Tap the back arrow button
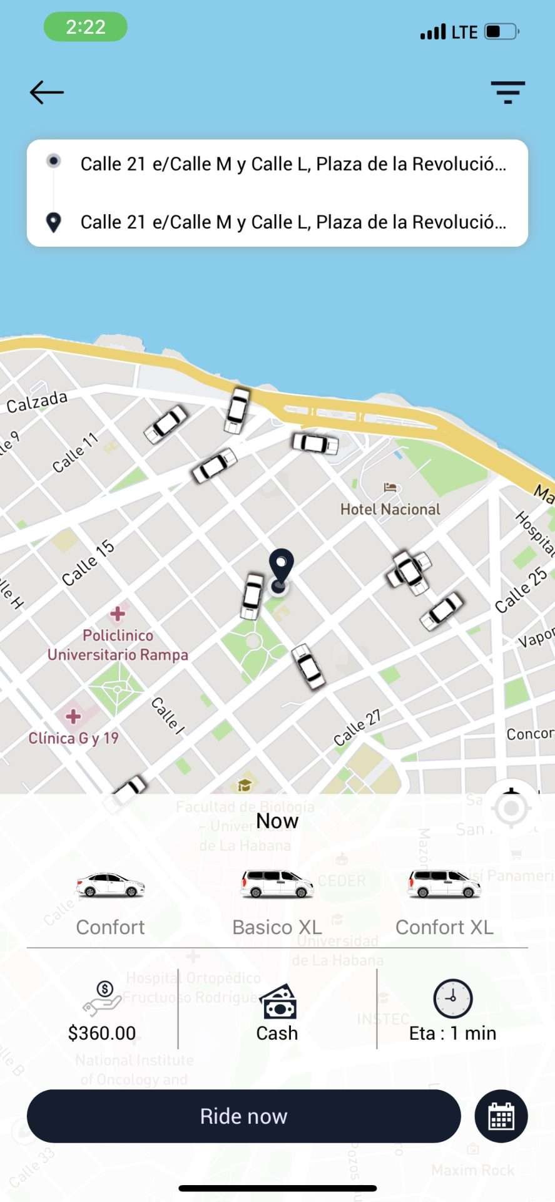(47, 93)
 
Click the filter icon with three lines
(507, 93)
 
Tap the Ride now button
(244, 1116)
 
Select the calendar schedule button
(501, 1116)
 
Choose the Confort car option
(110, 902)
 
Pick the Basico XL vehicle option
(277, 902)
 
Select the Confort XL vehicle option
(444, 902)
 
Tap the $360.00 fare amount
(102, 1033)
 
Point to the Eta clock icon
(453, 998)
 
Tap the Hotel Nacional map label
(390, 509)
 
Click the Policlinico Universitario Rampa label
(118, 645)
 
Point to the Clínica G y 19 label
(74, 737)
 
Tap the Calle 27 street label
(357, 727)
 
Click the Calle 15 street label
(88, 563)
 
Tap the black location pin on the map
(281, 567)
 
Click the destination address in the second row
(293, 222)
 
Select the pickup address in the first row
(293, 164)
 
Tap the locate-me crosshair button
(511, 808)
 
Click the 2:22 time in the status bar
(86, 27)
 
